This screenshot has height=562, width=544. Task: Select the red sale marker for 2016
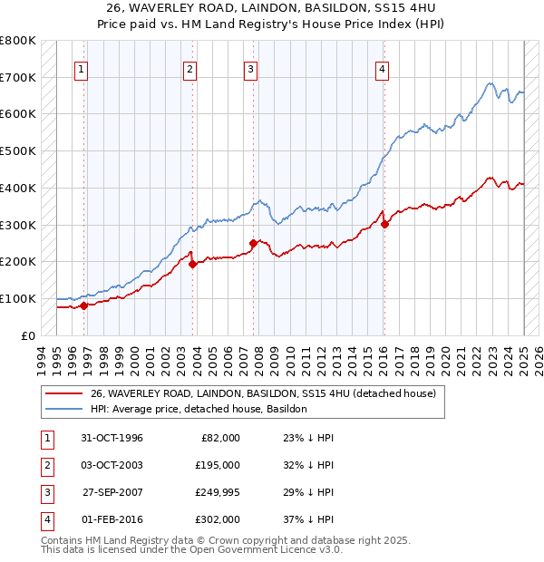tap(384, 224)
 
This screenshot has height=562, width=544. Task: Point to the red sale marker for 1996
tap(83, 305)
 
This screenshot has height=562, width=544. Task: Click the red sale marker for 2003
tap(192, 264)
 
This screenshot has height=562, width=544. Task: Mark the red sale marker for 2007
tap(253, 243)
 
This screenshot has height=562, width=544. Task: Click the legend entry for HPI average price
tap(199, 409)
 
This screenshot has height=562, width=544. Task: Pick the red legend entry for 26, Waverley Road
tap(263, 393)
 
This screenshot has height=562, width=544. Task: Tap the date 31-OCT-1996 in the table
tap(112, 438)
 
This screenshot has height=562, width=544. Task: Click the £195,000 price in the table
tap(218, 465)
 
